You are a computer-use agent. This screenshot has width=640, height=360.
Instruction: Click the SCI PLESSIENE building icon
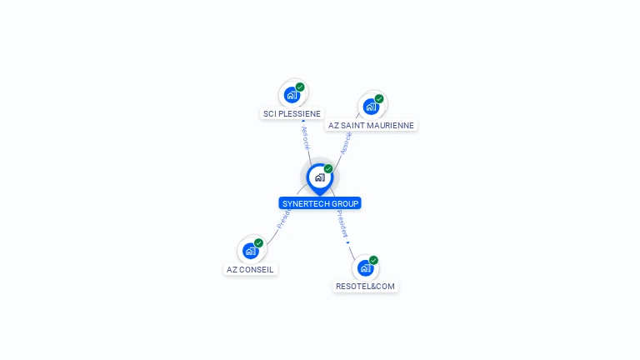pos(291,94)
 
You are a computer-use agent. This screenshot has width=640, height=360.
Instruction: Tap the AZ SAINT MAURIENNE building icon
pos(370,107)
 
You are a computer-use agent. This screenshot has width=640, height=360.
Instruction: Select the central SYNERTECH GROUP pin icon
pos(319,177)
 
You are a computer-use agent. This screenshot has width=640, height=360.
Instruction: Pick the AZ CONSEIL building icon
pos(250,250)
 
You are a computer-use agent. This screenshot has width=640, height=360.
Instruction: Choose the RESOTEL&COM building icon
pos(365,267)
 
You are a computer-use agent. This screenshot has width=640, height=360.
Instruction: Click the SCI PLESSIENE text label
pos(292,113)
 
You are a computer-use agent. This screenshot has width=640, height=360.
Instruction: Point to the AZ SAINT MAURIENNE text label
pos(371,126)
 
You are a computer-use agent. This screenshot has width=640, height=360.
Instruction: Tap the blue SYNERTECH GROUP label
pos(320,203)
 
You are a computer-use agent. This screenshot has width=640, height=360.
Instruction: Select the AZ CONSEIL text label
pos(250,269)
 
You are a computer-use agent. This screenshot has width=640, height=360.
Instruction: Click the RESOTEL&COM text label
pos(366,287)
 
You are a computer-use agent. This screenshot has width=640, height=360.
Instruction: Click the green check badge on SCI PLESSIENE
pos(300,87)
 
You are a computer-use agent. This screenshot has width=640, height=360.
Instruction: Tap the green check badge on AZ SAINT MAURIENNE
pos(379,99)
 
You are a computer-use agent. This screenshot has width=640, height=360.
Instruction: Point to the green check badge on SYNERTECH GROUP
pos(328,168)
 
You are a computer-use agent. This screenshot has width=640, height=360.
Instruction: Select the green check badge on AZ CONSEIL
pos(259,242)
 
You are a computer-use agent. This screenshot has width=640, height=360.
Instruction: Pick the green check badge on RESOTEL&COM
pos(374,260)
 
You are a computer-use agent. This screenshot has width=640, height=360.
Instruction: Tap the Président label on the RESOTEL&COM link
pos(342,223)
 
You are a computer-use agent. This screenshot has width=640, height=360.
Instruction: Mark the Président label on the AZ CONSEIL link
pos(282,219)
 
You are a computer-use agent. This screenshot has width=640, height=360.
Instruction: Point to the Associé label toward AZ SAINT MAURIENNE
pos(346,143)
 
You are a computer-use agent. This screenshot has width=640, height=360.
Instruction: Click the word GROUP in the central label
pos(345,203)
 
